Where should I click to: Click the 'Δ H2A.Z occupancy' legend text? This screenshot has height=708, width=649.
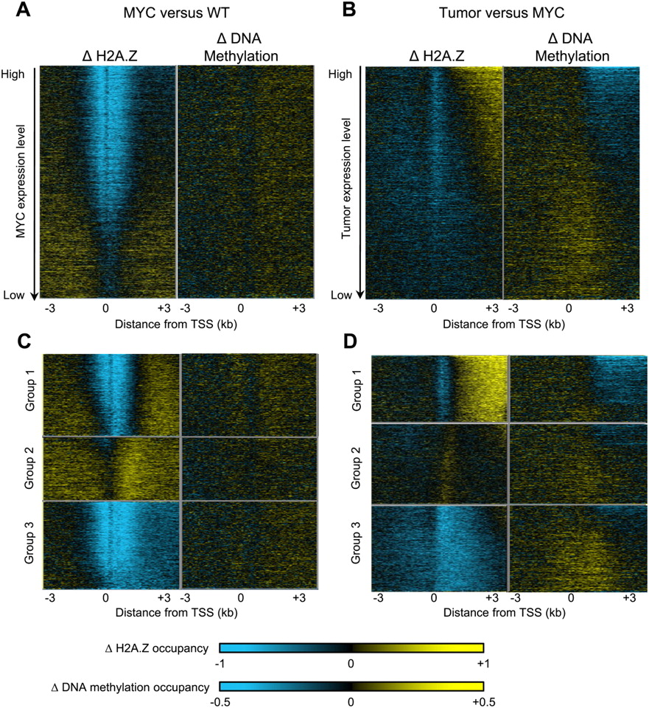coord(158,648)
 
